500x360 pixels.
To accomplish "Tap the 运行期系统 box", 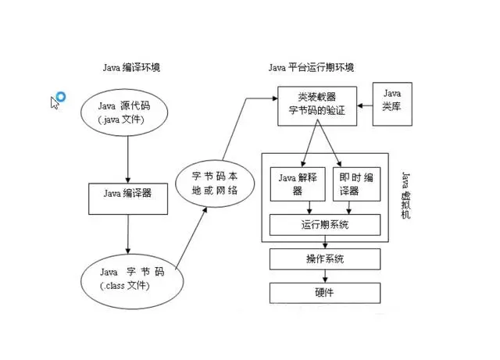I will point(324,225).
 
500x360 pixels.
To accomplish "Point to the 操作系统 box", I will point(324,258).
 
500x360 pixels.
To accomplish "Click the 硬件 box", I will point(324,292).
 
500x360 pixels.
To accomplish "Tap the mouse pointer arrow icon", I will point(55,103).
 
